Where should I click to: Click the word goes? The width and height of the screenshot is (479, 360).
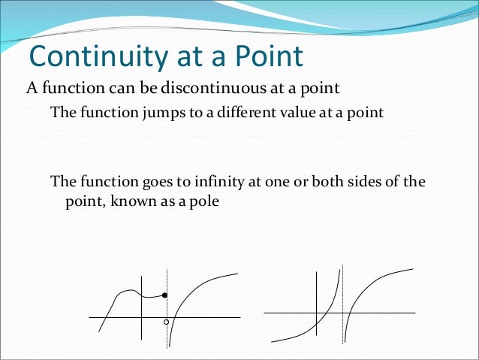(x=136, y=183)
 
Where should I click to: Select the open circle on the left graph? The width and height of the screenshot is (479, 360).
(x=167, y=322)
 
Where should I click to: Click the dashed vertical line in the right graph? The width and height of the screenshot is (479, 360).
(x=343, y=331)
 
